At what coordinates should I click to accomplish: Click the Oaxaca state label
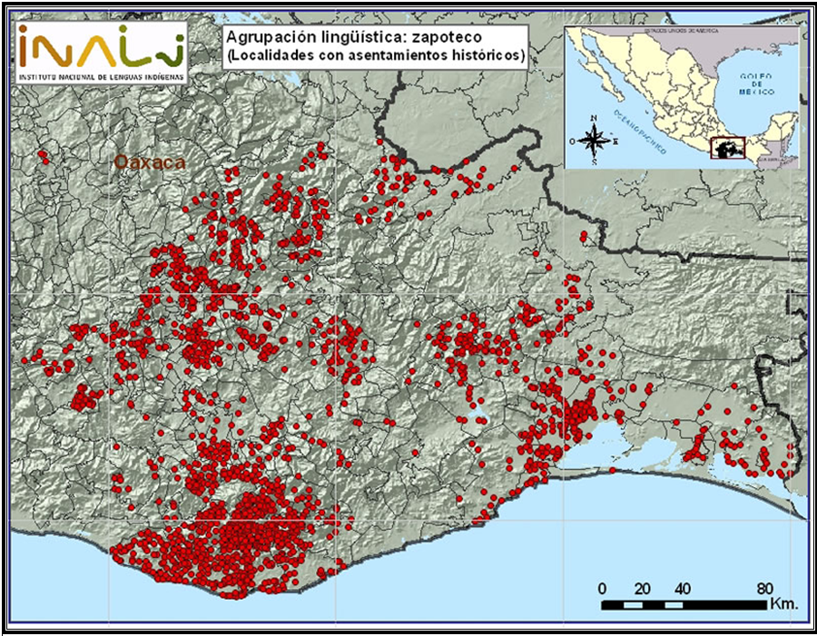click(150, 162)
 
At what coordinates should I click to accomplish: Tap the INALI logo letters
click(100, 46)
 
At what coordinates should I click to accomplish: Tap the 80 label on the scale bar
click(764, 585)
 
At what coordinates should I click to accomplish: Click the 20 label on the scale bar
click(643, 585)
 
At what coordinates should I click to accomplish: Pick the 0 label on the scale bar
click(603, 585)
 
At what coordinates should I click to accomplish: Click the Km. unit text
click(782, 602)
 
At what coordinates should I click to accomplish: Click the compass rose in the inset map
click(594, 141)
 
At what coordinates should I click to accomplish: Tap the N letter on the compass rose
click(594, 119)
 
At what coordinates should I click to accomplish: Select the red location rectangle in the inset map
click(727, 147)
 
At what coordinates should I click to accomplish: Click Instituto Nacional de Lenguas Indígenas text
click(100, 76)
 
